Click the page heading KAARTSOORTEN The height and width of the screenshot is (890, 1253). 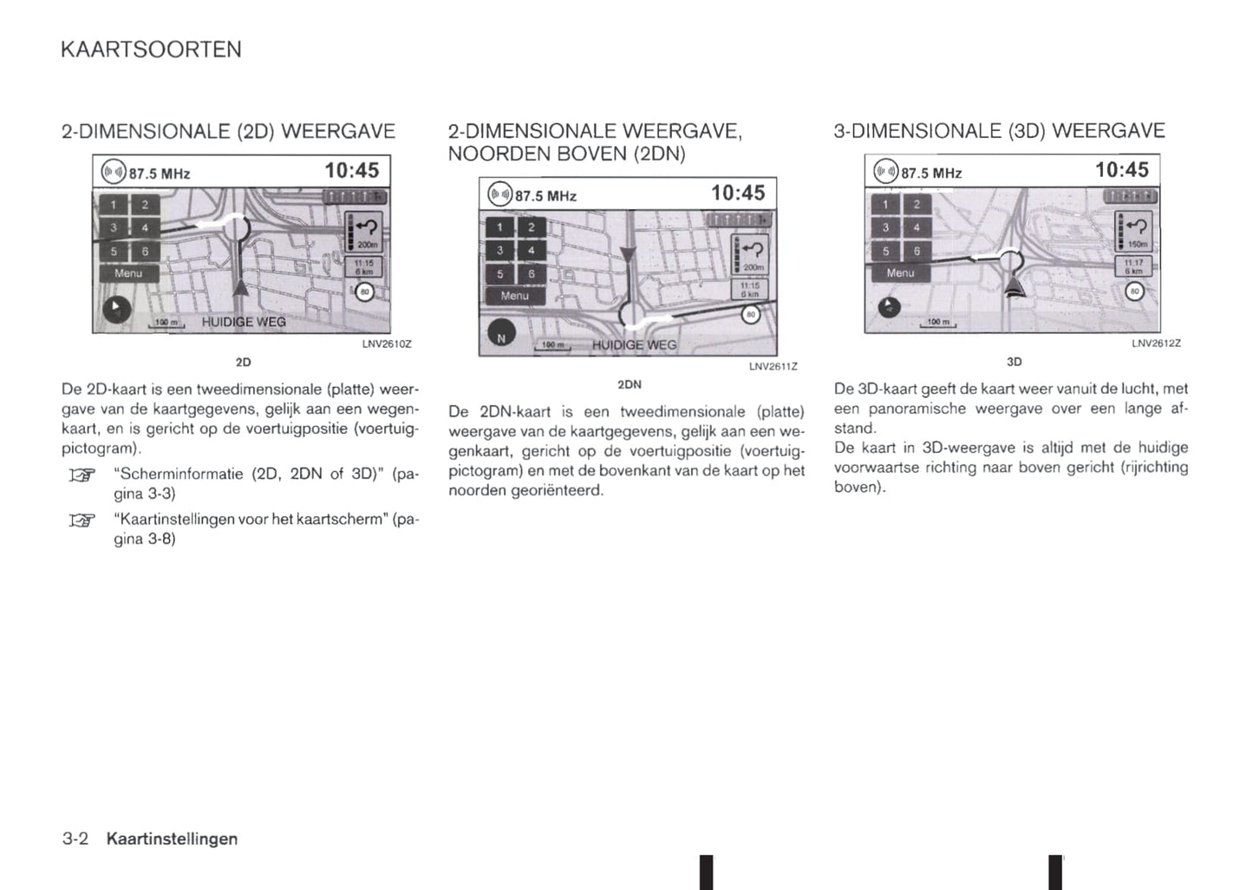point(152,49)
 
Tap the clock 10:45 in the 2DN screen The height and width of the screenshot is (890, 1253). point(738,193)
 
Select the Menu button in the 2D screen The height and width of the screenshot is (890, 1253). point(128,273)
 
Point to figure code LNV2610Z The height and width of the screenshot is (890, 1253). point(387,344)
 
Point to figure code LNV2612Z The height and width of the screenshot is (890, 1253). point(1156,344)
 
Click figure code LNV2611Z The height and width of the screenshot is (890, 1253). point(773,367)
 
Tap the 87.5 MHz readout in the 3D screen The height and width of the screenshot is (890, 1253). point(930,173)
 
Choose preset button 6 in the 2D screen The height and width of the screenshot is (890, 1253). point(145,252)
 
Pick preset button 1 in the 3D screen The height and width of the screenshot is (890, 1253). point(885,205)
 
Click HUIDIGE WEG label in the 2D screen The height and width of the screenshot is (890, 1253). point(244,322)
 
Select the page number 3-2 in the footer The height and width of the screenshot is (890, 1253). point(75,839)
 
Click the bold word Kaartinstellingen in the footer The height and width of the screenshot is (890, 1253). point(172,839)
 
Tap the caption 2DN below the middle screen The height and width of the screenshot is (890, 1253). point(629,384)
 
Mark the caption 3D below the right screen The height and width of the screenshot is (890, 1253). point(1014,362)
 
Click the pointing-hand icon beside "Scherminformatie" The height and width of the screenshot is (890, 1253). point(81,474)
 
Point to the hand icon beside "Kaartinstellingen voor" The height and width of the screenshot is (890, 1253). point(81,520)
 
